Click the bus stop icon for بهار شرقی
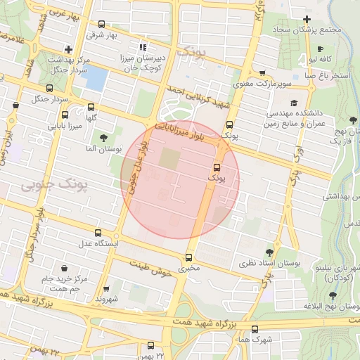click(x=102, y=24)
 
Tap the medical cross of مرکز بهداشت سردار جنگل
click(x=67, y=49)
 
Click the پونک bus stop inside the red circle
click(x=217, y=167)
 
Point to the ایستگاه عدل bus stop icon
click(x=98, y=232)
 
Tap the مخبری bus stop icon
click(x=188, y=257)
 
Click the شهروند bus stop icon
click(x=106, y=288)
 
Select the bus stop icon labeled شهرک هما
click(x=255, y=328)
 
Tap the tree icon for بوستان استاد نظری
click(x=270, y=252)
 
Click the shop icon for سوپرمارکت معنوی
click(x=262, y=72)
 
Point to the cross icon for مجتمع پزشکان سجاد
click(x=307, y=19)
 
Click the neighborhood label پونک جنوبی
click(x=53, y=185)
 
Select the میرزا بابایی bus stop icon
click(x=65, y=115)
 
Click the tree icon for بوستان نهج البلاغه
click(x=333, y=295)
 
